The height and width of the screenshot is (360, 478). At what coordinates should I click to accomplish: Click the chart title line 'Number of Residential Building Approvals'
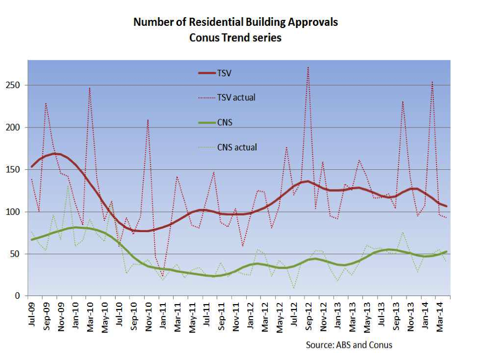pos(236,22)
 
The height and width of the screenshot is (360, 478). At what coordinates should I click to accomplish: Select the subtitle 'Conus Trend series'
pos(236,38)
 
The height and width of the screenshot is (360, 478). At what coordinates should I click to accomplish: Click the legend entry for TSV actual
pos(236,97)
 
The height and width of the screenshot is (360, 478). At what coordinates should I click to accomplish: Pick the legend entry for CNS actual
pos(237,147)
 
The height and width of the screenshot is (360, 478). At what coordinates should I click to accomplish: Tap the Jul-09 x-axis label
pos(31,314)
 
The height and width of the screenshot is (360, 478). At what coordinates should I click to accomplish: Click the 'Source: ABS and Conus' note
pos(349,344)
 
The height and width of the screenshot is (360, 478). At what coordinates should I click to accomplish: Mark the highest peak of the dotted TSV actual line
pos(308,67)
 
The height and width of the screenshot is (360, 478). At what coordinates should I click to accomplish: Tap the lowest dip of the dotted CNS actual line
pos(294,288)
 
